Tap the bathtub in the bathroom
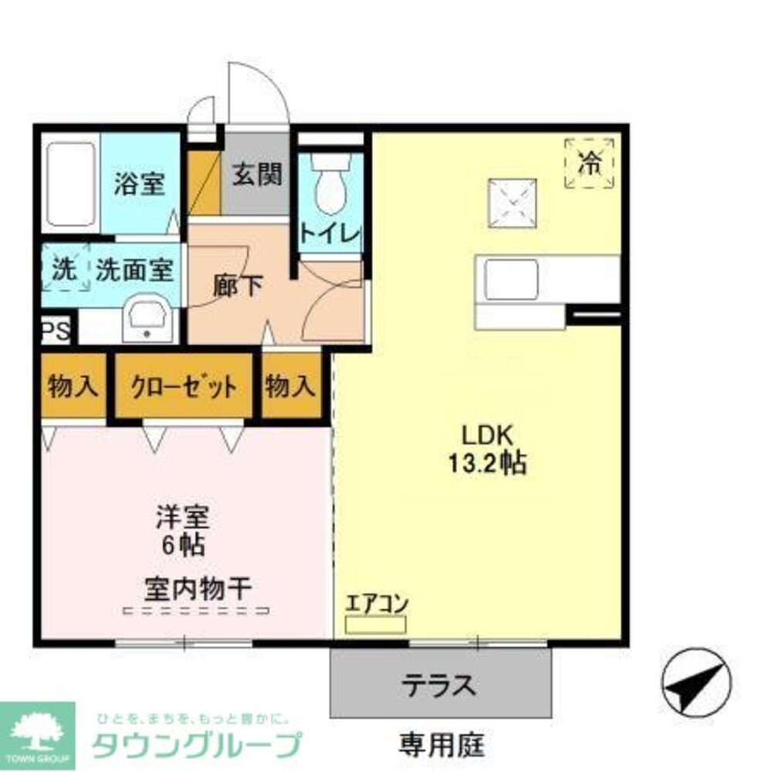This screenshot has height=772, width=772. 69,184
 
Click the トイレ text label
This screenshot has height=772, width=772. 330,234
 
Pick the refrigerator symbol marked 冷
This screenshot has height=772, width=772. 591,162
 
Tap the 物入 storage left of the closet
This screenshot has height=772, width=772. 73,385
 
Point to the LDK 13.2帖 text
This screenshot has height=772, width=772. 487,448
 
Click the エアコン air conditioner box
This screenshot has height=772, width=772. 375,624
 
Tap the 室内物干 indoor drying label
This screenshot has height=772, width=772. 197,590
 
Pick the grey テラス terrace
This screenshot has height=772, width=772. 441,683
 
